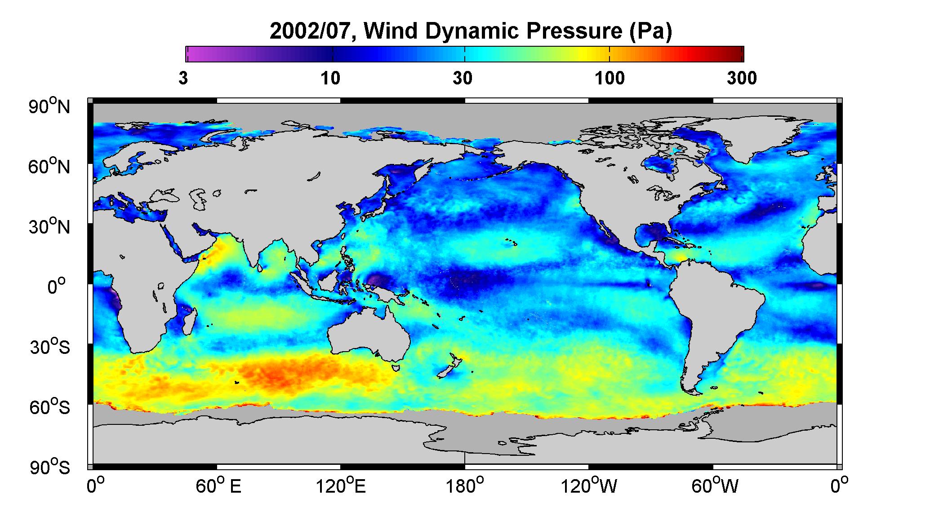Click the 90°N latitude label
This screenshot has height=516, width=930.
pos(50,106)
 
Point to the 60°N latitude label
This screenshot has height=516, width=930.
pos(50,167)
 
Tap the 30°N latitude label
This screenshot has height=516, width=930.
pos(50,227)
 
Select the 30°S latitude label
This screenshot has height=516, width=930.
pos(50,347)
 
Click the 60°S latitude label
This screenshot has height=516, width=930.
pos(50,407)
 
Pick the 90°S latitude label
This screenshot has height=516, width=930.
pos(50,467)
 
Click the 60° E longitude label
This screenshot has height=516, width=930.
pos(218,486)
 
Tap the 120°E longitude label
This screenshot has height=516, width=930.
pos(341,486)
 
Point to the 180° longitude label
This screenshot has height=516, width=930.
pos(465,486)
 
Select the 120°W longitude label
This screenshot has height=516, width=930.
pos(589,486)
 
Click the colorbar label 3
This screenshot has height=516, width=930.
pos(183,79)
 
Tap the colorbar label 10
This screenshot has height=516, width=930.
pos(330,79)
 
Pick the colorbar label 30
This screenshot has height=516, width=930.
pos(463,79)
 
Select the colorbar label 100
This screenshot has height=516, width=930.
pos(610,79)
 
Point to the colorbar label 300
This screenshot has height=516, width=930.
pos(742,79)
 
